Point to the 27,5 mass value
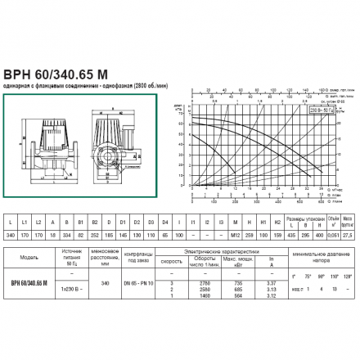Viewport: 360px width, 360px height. pyautogui.click(x=349, y=235)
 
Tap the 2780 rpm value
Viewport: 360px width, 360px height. pyautogui.click(x=197, y=281)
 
